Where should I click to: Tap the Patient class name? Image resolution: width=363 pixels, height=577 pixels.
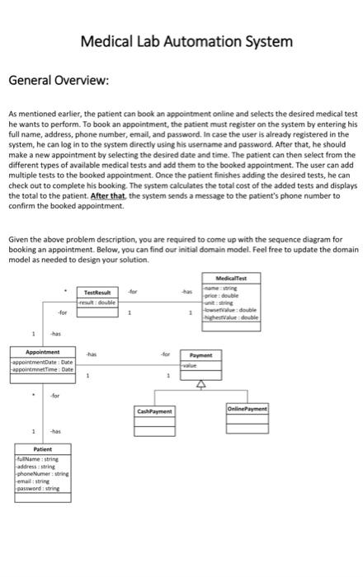click(42, 449)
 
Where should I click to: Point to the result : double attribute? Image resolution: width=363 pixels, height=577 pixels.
click(97, 303)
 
